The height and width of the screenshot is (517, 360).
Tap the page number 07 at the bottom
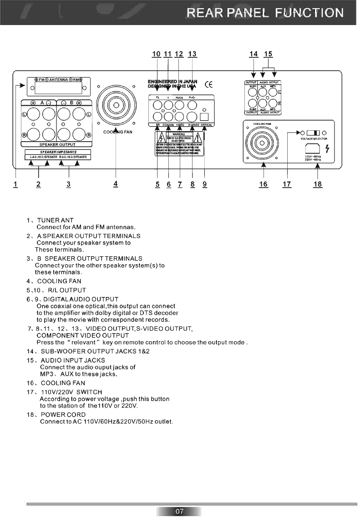(x=179, y=512)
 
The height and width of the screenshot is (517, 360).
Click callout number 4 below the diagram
(x=116, y=184)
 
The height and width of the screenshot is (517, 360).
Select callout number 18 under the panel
(x=318, y=184)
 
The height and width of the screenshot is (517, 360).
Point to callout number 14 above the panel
(x=254, y=54)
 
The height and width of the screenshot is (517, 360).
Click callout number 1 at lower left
(x=15, y=184)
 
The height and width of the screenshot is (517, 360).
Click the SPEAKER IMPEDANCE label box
(x=58, y=152)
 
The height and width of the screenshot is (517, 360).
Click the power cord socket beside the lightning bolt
(x=313, y=147)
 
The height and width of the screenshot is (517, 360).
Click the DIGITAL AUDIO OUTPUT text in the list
(x=81, y=299)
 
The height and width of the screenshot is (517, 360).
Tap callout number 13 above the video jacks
(x=192, y=54)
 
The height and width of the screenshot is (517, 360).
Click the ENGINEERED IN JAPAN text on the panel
(x=172, y=81)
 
